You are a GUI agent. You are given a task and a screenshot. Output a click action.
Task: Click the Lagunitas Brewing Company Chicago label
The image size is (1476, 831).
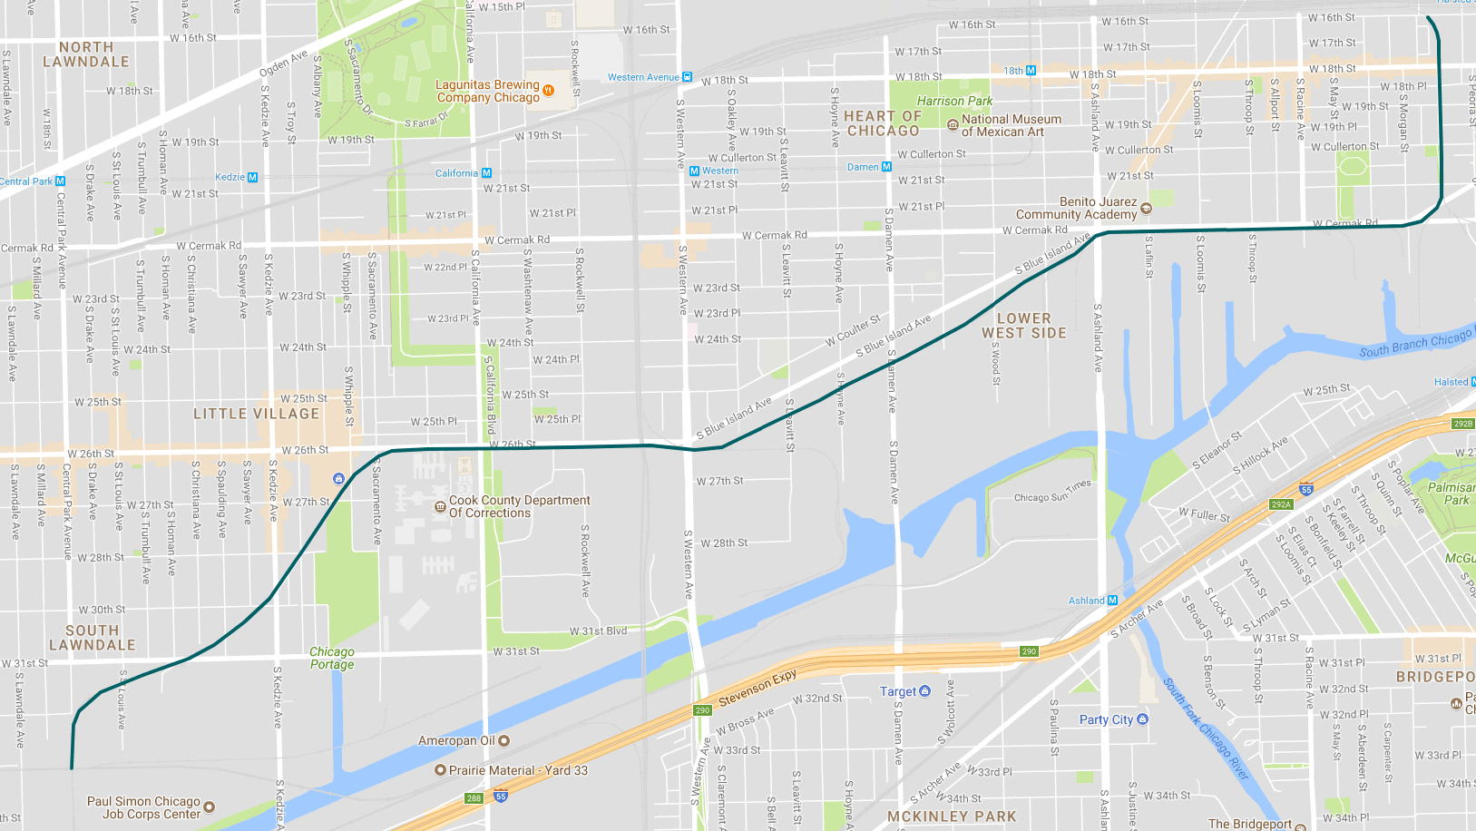coord(488,91)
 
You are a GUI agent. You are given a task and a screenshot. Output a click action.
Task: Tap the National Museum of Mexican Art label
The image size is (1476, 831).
coord(1011,125)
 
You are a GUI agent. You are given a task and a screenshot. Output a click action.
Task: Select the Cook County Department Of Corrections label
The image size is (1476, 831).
coord(519,506)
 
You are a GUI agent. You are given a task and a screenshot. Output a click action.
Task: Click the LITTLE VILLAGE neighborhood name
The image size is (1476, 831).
coord(257,414)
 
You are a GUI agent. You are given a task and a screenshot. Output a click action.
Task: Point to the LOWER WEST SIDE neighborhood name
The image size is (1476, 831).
coord(1023,326)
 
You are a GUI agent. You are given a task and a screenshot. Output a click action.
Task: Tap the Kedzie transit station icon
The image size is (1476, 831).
coord(252,177)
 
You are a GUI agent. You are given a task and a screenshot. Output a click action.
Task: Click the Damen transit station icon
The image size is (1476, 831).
coord(886,167)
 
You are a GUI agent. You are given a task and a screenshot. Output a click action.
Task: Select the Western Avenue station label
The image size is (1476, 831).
coord(643,77)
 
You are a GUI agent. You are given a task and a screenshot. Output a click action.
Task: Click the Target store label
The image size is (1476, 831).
coord(898,691)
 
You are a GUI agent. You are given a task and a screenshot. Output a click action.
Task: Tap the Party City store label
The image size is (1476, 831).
coord(1106,719)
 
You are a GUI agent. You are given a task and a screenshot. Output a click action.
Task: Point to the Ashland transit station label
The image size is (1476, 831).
coord(1087,601)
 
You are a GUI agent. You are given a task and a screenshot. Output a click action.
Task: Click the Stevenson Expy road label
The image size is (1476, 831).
coord(758,688)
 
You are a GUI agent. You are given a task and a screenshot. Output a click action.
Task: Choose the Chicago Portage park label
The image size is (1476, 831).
coord(332,658)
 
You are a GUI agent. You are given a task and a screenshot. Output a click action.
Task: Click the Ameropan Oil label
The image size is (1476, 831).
coord(456,740)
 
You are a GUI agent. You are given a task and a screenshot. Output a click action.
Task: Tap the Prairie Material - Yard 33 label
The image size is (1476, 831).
coord(518,770)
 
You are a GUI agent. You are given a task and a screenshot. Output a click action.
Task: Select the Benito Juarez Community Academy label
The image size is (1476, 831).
coord(1076,208)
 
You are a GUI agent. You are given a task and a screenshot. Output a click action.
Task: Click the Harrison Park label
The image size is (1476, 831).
coord(954,101)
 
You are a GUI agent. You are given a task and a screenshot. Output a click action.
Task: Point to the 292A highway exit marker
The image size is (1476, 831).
coord(1281,504)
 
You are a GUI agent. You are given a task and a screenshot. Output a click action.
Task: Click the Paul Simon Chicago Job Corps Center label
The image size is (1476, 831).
coord(143,807)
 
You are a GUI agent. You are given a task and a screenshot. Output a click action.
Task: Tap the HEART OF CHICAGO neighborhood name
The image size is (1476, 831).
coord(883,123)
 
